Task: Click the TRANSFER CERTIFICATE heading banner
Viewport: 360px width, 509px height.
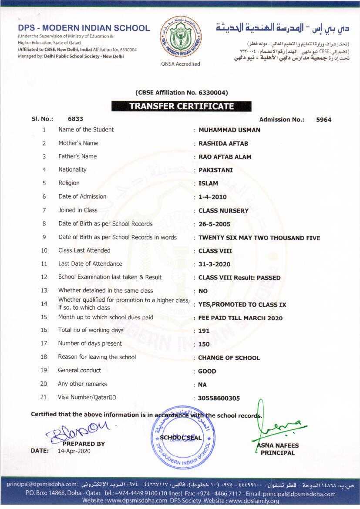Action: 181,106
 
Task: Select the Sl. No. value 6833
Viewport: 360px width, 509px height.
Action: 75,119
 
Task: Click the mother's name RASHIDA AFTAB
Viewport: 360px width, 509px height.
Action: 223,143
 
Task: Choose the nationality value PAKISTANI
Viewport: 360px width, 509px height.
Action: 215,170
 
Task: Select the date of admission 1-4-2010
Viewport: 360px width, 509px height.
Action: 212,197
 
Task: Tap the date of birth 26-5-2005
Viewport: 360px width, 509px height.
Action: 214,224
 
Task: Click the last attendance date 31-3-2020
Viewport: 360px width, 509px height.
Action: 214,264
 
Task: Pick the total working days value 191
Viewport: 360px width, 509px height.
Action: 204,330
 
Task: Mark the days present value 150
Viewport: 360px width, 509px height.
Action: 204,344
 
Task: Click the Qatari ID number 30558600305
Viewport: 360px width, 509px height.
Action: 219,398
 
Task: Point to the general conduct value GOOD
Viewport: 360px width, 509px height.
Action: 207,371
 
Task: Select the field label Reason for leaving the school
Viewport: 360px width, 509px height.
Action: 97,357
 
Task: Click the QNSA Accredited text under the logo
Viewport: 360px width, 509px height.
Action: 180,64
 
